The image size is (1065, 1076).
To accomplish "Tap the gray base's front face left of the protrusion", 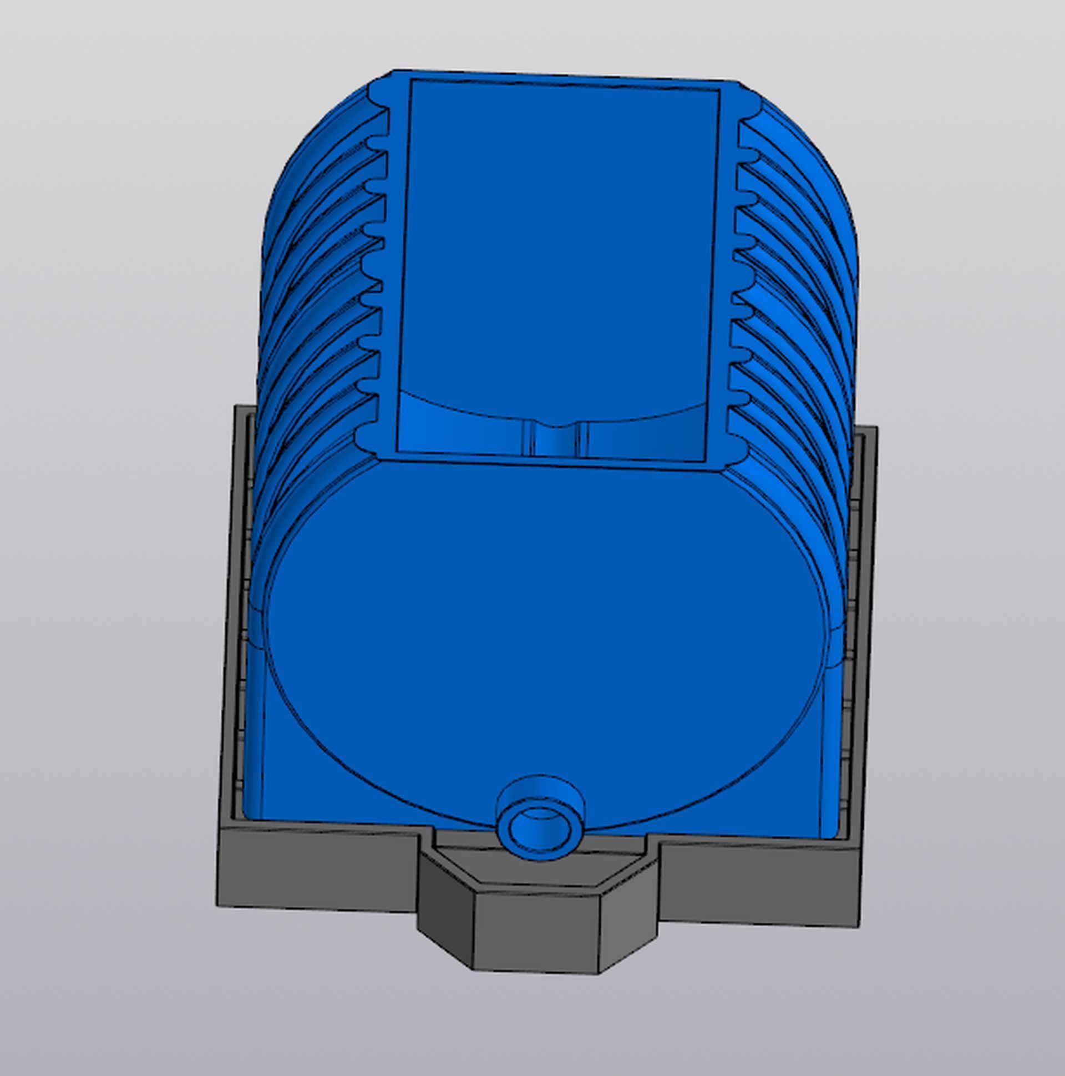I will [x=317, y=869].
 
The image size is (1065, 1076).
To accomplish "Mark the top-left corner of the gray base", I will [x=236, y=407].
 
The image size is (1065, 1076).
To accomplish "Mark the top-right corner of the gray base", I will [x=876, y=428].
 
